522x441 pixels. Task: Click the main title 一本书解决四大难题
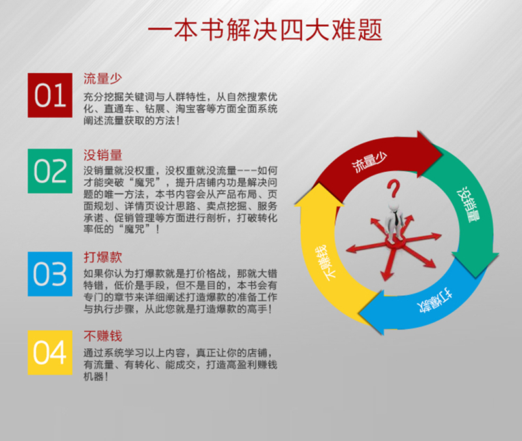coord(265,30)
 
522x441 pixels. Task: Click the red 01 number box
coord(50,95)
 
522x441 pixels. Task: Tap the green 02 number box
coord(50,171)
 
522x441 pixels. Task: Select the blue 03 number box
coord(50,274)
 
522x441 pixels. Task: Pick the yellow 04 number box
coord(50,353)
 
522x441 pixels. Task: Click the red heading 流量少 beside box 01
coord(102,78)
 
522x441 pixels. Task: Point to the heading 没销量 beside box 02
coord(102,155)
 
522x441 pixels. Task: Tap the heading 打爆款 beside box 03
coord(102,257)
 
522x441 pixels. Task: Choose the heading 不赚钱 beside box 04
coord(102,336)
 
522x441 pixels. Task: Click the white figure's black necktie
coord(397,219)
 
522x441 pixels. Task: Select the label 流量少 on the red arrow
coord(369,162)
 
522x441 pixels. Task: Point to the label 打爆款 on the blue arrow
coord(435,302)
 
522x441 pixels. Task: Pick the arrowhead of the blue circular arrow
coord(372,313)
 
